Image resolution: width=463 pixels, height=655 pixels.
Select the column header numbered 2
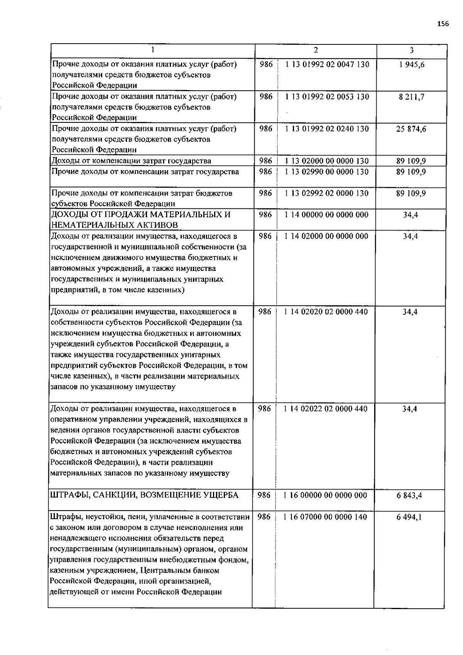click(x=316, y=50)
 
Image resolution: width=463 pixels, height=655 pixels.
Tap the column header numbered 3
click(x=412, y=50)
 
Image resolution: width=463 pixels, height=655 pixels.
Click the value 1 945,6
click(x=412, y=64)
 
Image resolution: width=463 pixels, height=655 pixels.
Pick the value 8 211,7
click(x=412, y=97)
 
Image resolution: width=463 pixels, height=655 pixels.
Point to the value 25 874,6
click(x=411, y=129)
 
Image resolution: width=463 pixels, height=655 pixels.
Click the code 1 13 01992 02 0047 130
click(x=327, y=64)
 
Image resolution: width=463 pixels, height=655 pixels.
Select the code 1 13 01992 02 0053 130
click(x=327, y=97)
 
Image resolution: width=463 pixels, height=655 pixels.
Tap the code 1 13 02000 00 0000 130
click(x=326, y=161)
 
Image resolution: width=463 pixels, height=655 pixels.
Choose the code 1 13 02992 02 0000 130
click(x=326, y=193)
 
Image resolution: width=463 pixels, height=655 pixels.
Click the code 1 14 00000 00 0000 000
click(x=326, y=215)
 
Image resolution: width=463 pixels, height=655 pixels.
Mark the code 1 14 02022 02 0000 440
click(x=326, y=409)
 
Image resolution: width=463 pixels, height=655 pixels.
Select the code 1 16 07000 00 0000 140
click(x=325, y=517)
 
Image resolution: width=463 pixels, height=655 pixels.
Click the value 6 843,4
click(x=409, y=495)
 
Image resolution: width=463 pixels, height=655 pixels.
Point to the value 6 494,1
click(x=409, y=517)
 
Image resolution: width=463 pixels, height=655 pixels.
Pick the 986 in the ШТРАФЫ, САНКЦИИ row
click(x=264, y=495)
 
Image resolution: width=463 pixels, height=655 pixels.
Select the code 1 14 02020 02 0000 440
click(x=326, y=312)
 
